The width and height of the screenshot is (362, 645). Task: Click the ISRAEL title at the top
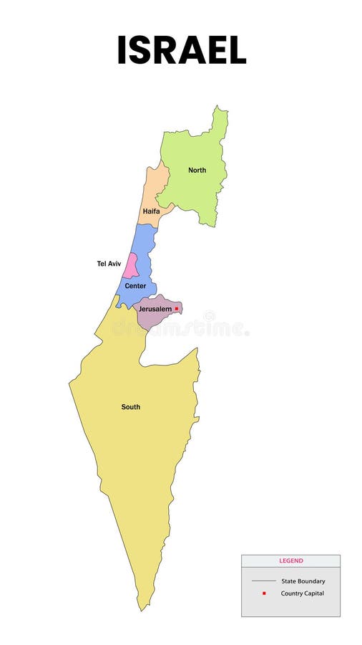tap(182, 50)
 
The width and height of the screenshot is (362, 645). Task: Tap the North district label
tap(197, 171)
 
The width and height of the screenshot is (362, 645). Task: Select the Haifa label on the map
tap(151, 211)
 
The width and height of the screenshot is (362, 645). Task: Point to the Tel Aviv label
tap(109, 264)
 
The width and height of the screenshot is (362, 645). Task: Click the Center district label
tap(135, 286)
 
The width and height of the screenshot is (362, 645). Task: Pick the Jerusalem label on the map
tap(155, 309)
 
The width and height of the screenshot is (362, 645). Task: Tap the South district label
tap(130, 407)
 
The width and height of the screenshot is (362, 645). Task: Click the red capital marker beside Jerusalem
tap(177, 309)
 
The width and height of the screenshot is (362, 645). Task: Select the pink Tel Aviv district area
tap(130, 267)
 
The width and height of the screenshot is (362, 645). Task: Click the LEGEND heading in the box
tap(290, 561)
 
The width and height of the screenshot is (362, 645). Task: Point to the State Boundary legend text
tap(303, 581)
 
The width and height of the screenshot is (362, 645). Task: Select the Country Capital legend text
tap(303, 593)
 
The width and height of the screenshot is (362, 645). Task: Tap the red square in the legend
tap(264, 593)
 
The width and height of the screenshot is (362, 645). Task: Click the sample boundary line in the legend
tap(264, 581)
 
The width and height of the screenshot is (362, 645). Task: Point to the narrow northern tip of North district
tap(217, 108)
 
